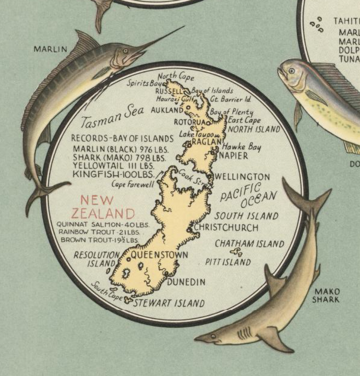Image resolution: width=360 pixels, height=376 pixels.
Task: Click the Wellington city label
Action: [x=242, y=176]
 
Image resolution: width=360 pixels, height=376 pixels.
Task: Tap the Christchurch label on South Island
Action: [x=226, y=227]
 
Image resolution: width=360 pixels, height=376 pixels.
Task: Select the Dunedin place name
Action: [x=186, y=282]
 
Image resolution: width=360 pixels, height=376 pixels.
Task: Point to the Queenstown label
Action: [x=159, y=255]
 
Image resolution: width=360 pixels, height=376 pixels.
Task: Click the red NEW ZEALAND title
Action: [x=103, y=206]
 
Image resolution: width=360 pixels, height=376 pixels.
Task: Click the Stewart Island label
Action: [x=169, y=303]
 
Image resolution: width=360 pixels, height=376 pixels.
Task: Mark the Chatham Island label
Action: [x=249, y=244]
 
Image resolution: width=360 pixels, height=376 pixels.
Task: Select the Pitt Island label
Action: [x=228, y=262]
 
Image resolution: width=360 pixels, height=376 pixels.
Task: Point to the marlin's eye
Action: [x=125, y=50]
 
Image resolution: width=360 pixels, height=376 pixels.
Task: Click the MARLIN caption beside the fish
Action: [x=50, y=49]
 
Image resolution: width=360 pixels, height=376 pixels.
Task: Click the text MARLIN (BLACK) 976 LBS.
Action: [x=121, y=149]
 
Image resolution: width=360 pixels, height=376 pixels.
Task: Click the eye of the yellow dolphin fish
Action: [x=292, y=70]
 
